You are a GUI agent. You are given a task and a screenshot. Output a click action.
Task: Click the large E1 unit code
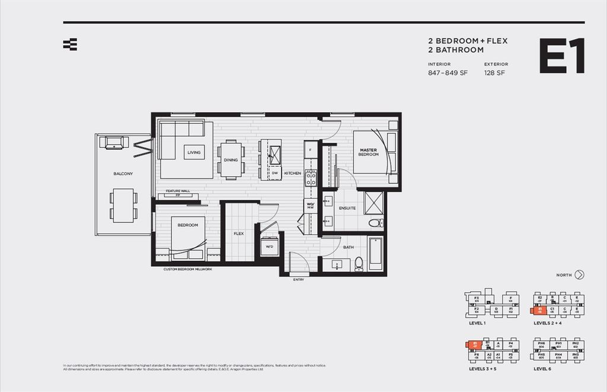tap(561, 56)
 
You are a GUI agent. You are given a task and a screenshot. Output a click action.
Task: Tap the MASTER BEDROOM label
tap(368, 152)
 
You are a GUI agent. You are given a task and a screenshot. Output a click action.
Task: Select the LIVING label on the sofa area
tap(194, 152)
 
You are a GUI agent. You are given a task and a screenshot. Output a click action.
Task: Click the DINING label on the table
tap(231, 160)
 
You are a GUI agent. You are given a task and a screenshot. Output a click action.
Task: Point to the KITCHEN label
tap(292, 173)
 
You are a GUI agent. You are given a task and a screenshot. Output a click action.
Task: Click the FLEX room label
tap(238, 234)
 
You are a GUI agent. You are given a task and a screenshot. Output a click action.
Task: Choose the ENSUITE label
tap(347, 208)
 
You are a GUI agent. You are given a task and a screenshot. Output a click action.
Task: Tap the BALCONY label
tap(123, 173)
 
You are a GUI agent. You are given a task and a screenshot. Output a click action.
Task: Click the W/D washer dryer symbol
tap(269, 246)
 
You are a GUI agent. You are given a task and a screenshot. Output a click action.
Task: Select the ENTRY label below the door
tap(298, 280)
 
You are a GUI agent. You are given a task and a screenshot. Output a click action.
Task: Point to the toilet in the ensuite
tap(375, 223)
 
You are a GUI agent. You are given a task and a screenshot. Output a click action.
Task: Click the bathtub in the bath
tap(375, 253)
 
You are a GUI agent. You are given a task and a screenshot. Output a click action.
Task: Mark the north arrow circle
tap(580, 275)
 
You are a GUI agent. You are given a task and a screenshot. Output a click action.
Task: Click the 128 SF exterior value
tap(494, 74)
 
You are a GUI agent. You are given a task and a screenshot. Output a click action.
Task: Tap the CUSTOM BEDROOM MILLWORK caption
tap(187, 269)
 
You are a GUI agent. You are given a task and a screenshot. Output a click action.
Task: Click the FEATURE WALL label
tap(178, 191)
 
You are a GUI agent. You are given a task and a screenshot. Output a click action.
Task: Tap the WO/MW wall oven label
tap(310, 205)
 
